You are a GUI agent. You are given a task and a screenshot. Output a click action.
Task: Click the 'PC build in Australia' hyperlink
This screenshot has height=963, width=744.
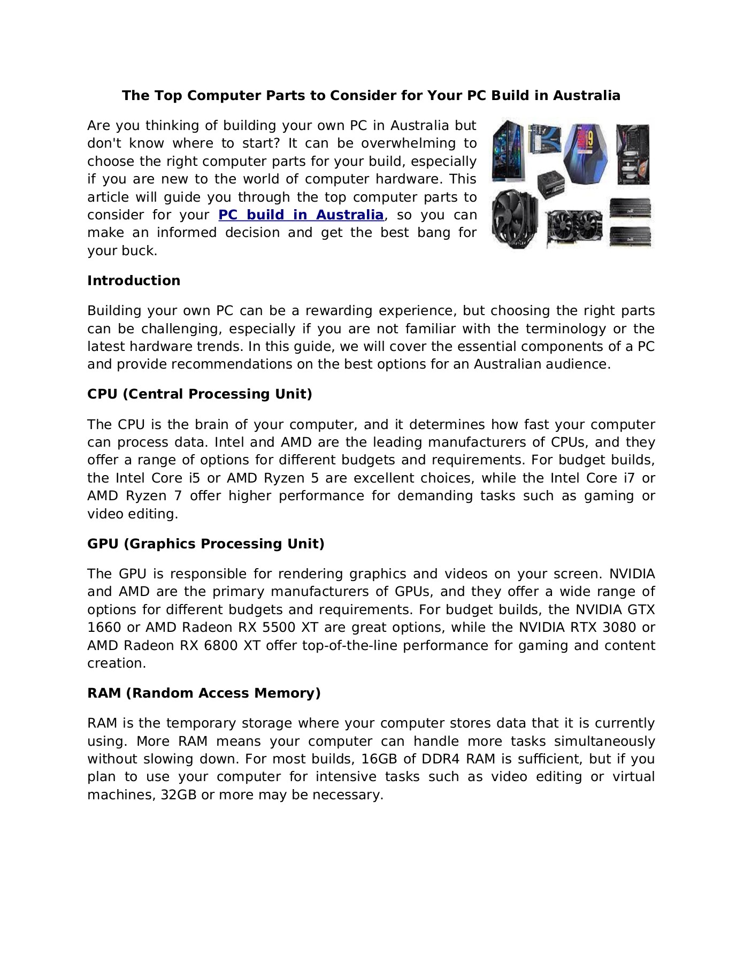(301, 215)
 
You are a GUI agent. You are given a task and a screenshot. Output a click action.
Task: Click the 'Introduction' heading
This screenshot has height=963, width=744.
(134, 281)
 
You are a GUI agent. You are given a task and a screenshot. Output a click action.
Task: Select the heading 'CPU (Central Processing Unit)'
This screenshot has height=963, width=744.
(200, 394)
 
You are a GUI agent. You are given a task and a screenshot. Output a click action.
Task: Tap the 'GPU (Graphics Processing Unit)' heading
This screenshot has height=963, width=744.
(205, 544)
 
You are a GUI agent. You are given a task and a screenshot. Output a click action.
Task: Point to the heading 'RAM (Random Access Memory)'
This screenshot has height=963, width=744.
(204, 693)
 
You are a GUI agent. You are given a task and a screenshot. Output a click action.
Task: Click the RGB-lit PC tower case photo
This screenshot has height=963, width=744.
(508, 151)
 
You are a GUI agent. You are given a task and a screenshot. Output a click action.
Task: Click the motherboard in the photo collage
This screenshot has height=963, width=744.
(633, 155)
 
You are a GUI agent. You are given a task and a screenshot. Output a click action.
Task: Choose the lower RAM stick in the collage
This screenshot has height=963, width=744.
(631, 236)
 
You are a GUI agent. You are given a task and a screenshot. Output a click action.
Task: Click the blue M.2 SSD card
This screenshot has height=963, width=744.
(544, 139)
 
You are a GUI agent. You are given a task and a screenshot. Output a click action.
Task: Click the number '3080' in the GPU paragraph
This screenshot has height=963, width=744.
(619, 628)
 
